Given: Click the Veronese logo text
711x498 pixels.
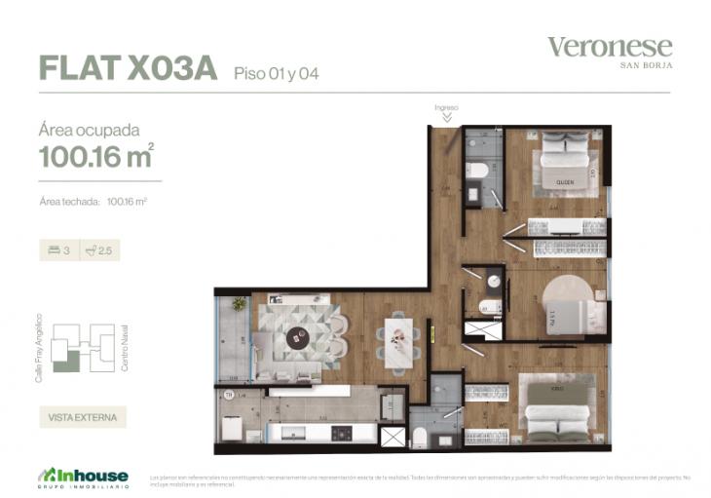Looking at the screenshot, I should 610,47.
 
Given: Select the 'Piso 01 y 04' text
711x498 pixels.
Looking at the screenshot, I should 277,72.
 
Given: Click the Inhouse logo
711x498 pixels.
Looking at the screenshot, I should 83,476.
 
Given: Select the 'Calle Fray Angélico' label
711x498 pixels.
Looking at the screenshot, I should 39,347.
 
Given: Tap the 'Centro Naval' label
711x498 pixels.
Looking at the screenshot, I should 126,347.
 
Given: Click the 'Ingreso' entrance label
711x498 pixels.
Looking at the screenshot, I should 446,106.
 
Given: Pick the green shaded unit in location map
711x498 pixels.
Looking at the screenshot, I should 66,363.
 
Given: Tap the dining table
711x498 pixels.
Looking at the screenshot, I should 399,339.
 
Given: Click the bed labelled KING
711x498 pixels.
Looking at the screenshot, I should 556,402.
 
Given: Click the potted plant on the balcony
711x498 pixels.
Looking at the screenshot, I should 238,304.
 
